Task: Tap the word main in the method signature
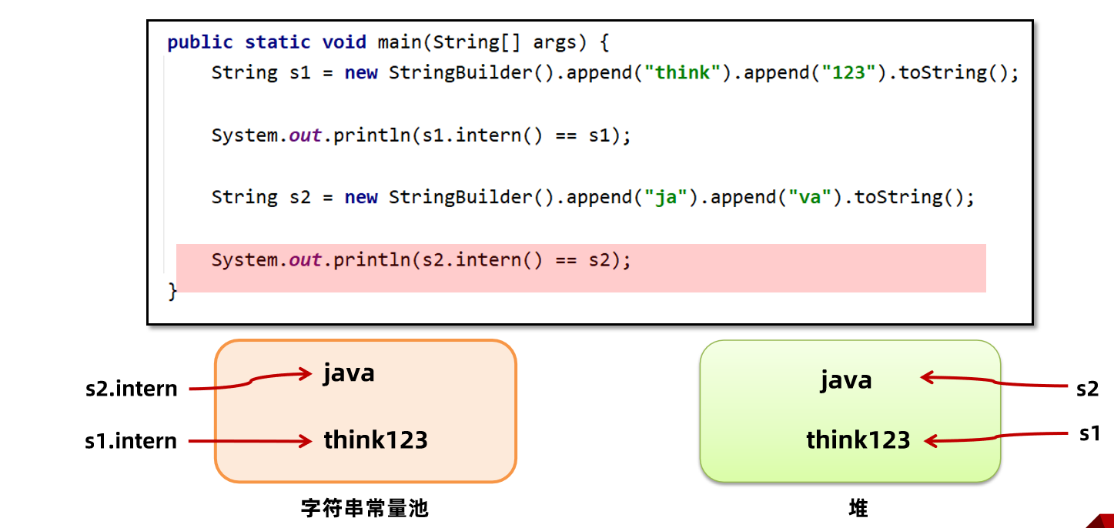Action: pyautogui.click(x=393, y=42)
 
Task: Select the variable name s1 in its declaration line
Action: pyautogui.click(x=299, y=73)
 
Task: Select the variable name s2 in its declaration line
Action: pyautogui.click(x=299, y=198)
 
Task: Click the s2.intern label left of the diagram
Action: pyautogui.click(x=132, y=389)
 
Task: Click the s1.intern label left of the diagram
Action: pyautogui.click(x=132, y=441)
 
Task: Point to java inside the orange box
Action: pyautogui.click(x=349, y=373)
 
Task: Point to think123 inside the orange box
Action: pyautogui.click(x=376, y=440)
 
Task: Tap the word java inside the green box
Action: pyautogui.click(x=846, y=380)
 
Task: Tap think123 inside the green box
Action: pyautogui.click(x=858, y=440)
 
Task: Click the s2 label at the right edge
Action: pyautogui.click(x=1087, y=389)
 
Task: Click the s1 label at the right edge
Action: pyautogui.click(x=1089, y=433)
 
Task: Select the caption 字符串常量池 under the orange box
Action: pyautogui.click(x=364, y=509)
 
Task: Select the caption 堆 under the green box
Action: pyautogui.click(x=858, y=509)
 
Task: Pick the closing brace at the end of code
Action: pyautogui.click(x=172, y=292)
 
